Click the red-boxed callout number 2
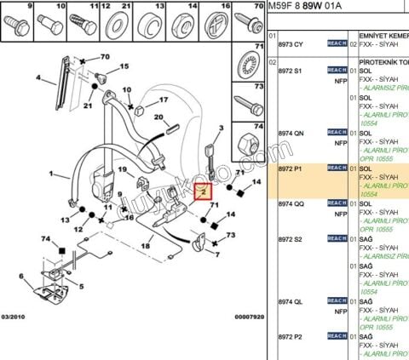coord(202,192)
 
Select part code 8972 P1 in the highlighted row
coord(291,168)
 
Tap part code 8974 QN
coord(291,133)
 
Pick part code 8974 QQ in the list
coord(291,204)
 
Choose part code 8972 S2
coord(291,240)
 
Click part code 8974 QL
coord(291,300)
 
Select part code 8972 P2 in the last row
coord(291,337)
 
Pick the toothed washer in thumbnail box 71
coord(249,67)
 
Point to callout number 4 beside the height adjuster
coord(38,78)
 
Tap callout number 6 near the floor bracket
coord(19,277)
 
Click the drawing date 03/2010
coord(15,316)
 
